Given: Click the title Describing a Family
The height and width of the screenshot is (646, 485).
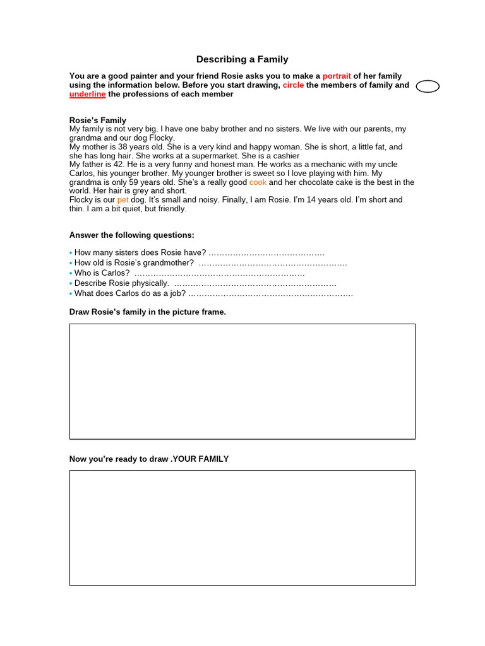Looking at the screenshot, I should point(242,59).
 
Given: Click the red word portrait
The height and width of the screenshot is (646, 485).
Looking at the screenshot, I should point(337,76).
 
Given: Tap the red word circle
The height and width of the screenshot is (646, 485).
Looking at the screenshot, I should point(293,85).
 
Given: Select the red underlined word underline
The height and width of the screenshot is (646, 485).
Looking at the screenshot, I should point(87,94).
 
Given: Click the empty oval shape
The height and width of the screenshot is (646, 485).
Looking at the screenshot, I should point(428,86).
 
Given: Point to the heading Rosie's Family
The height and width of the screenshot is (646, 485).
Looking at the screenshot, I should point(97,120).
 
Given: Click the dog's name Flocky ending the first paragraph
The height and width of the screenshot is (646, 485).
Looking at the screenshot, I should point(162,138).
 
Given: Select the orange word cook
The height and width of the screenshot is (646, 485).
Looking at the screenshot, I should point(258,182).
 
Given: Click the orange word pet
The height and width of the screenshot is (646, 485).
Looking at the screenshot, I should point(123,199).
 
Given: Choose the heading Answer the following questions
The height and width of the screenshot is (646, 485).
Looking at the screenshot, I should point(131,235).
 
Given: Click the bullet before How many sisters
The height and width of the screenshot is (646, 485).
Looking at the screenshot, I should point(71,252).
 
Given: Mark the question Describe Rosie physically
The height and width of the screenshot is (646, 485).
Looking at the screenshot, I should point(121,283).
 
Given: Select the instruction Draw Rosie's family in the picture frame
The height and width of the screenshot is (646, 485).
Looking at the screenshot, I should point(147,312).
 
